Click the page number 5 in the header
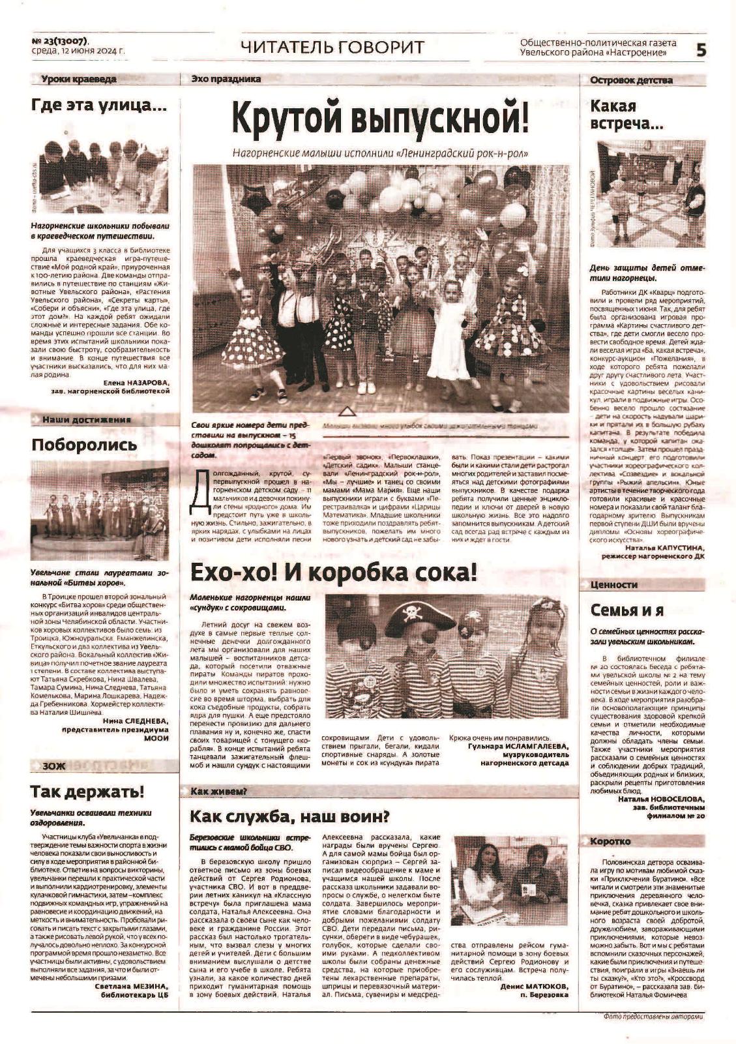pos(701,50)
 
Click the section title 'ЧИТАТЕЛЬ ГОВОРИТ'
pos(332,47)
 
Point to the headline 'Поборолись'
pos(84,445)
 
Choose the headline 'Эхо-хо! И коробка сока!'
pos(333,573)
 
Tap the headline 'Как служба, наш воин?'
pos(289,816)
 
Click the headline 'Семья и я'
pos(626,610)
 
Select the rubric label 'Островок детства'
pos(631,80)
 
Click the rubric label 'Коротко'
pos(610,841)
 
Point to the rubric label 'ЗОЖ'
pos(54,766)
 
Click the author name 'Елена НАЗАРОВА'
pos(136,382)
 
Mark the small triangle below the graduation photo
pos(347,411)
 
